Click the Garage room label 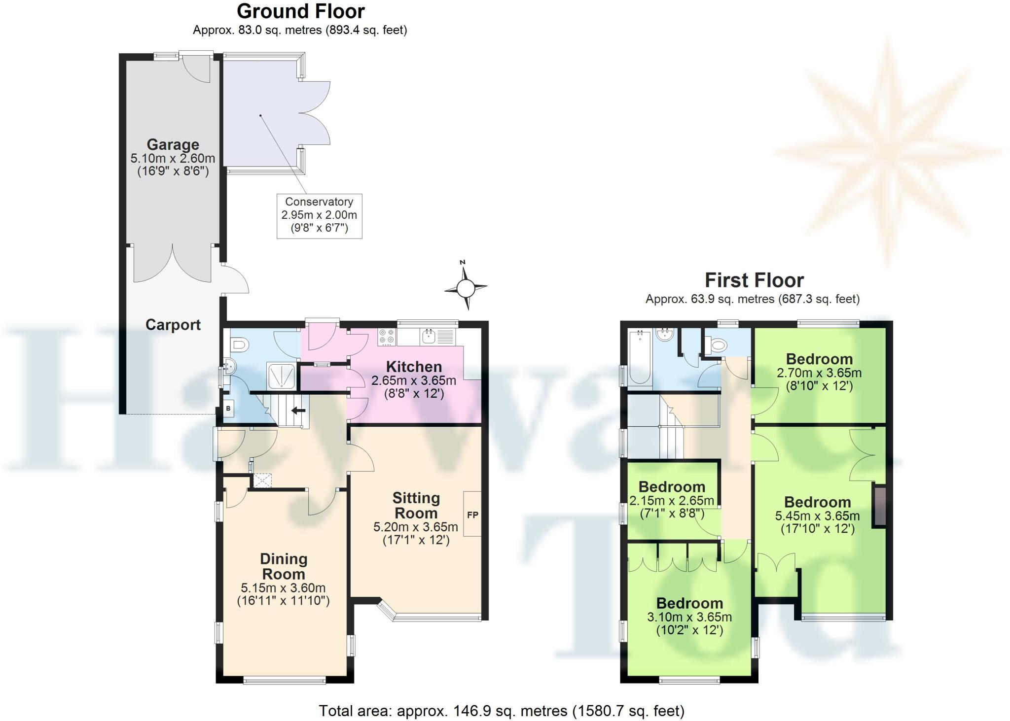pos(173,144)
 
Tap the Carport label pos(173,325)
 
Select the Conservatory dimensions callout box pos(319,215)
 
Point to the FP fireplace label pos(472,515)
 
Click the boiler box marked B pos(228,409)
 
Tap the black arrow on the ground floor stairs pos(297,410)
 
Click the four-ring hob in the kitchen pos(387,337)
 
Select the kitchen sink pos(428,337)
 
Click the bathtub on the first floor pos(640,357)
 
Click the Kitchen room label pos(414,367)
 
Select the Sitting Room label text pos(416,505)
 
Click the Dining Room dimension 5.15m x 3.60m pos(283,588)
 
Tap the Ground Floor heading pos(300,11)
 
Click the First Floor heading pos(754,280)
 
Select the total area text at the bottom pos(501,711)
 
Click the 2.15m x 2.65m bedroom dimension pos(671,501)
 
